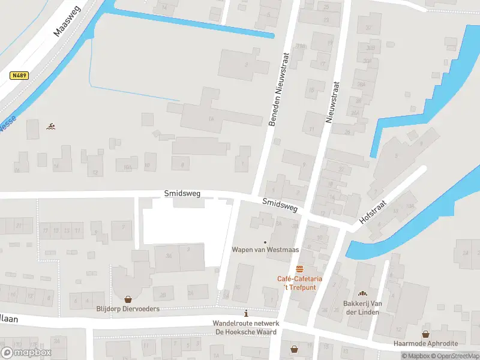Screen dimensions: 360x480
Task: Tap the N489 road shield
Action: [x=19, y=76]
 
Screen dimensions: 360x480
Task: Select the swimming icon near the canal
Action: [x=51, y=127]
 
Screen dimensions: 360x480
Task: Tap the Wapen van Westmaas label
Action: [x=257, y=250]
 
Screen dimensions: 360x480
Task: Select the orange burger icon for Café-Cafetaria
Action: [x=299, y=268]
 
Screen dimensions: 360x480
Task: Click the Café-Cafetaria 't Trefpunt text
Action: [x=299, y=283]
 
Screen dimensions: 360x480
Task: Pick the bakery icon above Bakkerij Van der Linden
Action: [x=362, y=293]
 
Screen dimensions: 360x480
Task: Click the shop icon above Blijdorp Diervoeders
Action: [x=128, y=299]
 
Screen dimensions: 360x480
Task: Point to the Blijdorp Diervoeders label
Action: [x=128, y=310]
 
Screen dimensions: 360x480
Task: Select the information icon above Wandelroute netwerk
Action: [x=245, y=313]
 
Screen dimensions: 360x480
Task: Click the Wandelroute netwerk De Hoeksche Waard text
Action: [x=245, y=328]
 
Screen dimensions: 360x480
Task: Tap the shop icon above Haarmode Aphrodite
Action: [x=425, y=334]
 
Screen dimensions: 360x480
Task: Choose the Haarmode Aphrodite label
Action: [x=425, y=344]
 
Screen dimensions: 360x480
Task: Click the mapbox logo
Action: [x=26, y=353]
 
